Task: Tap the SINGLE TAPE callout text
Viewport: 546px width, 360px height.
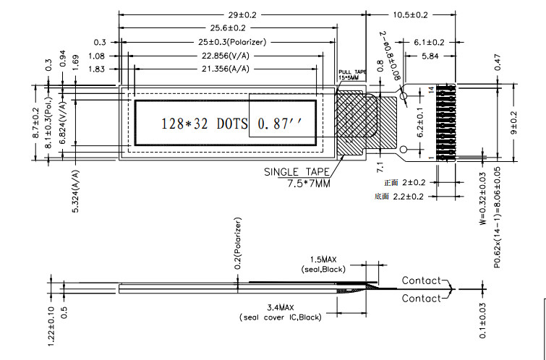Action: click(297, 172)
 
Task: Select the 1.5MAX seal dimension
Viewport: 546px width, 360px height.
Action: click(323, 260)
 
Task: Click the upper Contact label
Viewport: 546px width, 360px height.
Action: click(421, 280)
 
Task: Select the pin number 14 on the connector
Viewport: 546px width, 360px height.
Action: click(432, 89)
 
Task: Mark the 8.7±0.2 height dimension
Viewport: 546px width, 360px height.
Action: click(36, 124)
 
